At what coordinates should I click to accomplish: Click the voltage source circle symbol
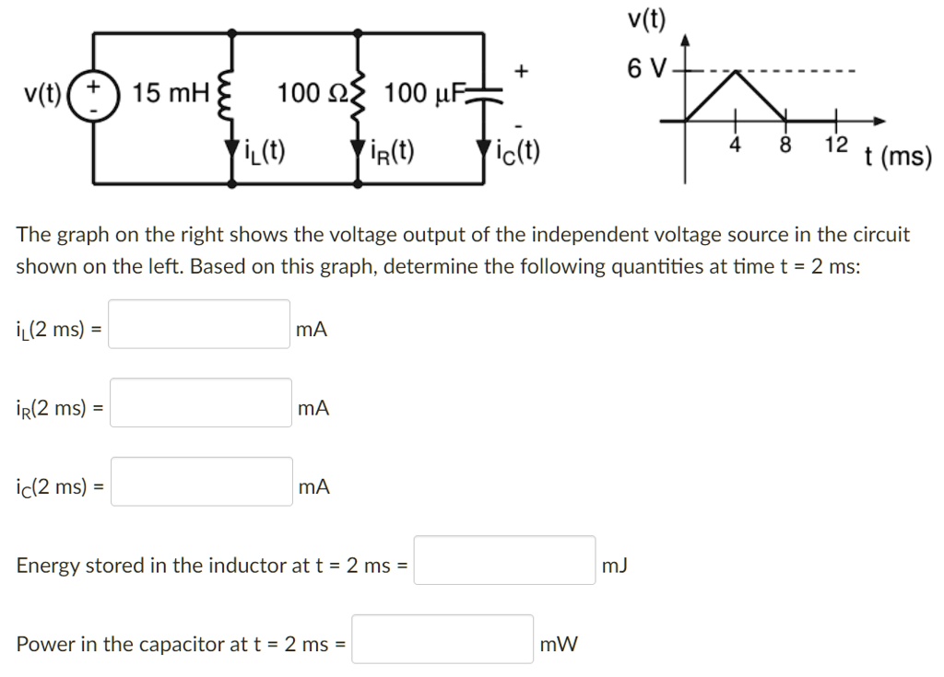tap(92, 94)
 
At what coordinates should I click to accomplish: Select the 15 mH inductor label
tap(172, 93)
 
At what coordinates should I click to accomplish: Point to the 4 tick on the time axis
tap(735, 144)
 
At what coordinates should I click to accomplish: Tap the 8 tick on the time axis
tap(785, 144)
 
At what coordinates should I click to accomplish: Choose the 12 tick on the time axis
tap(834, 144)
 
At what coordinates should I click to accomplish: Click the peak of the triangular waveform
tap(735, 72)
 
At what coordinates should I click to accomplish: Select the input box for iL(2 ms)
tap(199, 324)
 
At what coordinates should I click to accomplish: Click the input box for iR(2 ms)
tap(200, 403)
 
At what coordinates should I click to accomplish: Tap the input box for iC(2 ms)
tap(202, 482)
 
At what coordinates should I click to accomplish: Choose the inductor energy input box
tap(504, 560)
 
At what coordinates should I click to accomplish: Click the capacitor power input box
tap(442, 639)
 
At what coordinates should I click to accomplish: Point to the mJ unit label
tap(614, 566)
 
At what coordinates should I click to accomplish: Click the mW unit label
tap(559, 645)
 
